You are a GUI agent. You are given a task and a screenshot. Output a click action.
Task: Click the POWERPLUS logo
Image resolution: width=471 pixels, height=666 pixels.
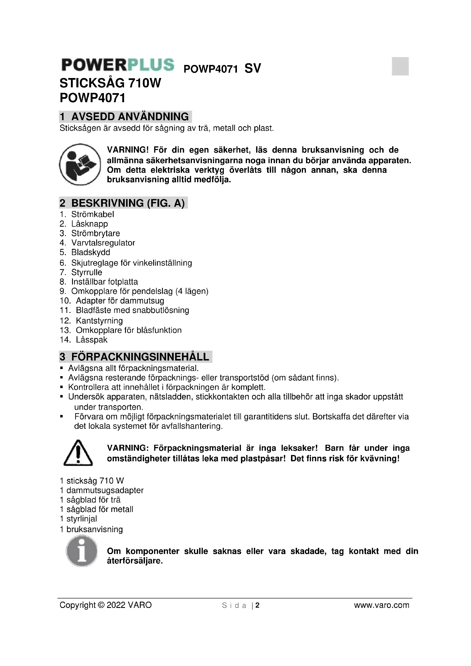(x=118, y=65)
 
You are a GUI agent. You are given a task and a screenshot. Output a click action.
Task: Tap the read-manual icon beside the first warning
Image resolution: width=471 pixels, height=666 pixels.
(x=80, y=164)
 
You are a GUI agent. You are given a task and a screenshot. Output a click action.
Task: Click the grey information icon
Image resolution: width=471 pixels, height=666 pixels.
(x=82, y=551)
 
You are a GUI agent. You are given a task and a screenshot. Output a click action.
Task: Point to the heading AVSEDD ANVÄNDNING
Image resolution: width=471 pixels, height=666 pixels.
(x=130, y=117)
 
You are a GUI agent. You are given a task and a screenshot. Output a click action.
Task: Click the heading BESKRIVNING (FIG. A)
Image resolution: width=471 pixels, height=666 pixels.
(x=128, y=203)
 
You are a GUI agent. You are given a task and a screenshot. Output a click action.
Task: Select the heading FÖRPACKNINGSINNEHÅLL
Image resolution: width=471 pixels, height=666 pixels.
(x=140, y=357)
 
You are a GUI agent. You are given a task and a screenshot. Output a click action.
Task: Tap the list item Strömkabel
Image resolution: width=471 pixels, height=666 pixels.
(x=93, y=214)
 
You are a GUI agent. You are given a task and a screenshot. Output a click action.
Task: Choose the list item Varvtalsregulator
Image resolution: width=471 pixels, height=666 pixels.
(x=103, y=243)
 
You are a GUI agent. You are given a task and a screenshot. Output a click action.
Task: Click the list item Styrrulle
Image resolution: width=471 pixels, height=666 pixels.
(x=87, y=272)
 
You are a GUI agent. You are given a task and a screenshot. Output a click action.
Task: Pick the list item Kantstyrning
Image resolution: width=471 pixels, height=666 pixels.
(x=99, y=321)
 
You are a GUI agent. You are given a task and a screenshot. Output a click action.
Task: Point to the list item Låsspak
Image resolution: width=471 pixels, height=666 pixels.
(x=92, y=340)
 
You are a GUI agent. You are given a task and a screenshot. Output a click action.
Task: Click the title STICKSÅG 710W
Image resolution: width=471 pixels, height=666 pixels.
(x=110, y=83)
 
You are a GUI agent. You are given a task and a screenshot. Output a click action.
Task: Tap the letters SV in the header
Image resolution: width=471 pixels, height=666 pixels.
(x=253, y=68)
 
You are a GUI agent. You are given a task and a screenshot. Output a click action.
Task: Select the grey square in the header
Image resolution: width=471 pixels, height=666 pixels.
(x=400, y=66)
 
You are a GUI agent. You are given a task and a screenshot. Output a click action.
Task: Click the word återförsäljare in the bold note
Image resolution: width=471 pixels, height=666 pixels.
(x=135, y=561)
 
